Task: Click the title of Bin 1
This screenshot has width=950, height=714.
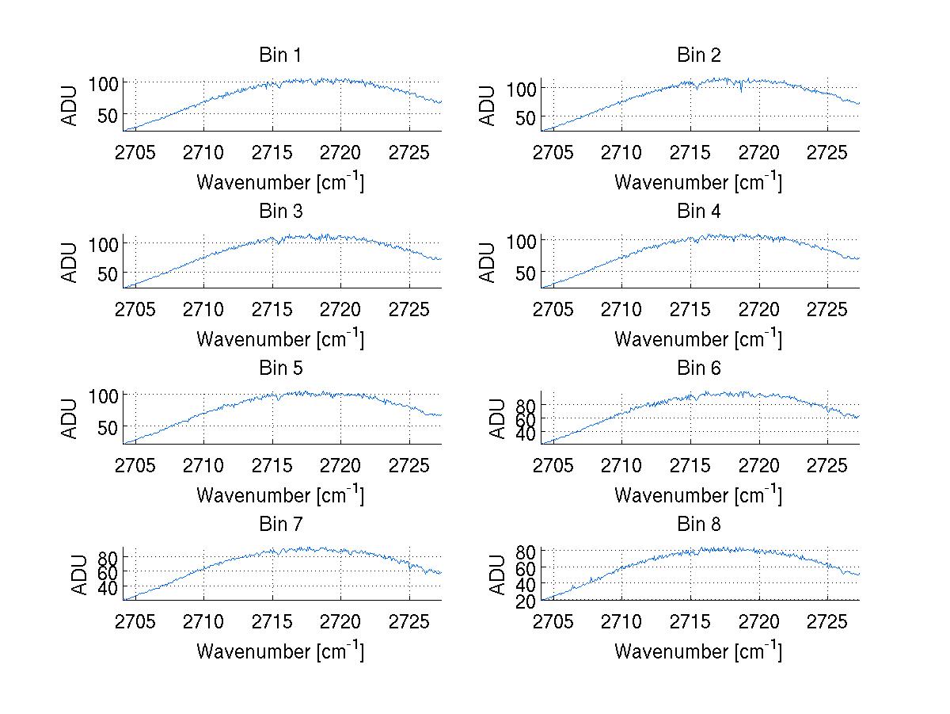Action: coord(280,55)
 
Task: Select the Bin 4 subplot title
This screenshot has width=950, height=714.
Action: coord(698,212)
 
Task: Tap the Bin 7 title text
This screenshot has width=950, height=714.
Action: coord(280,525)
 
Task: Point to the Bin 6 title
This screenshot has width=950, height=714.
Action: coord(698,368)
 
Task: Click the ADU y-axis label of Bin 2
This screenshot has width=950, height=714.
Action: coord(488,105)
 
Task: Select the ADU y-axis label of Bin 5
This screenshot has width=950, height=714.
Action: coord(70,418)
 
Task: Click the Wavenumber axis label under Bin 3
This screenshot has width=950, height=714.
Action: coord(280,338)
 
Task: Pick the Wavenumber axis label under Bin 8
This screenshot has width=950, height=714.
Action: coord(698,651)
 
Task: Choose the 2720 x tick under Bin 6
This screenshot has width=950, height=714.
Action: coord(759,464)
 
